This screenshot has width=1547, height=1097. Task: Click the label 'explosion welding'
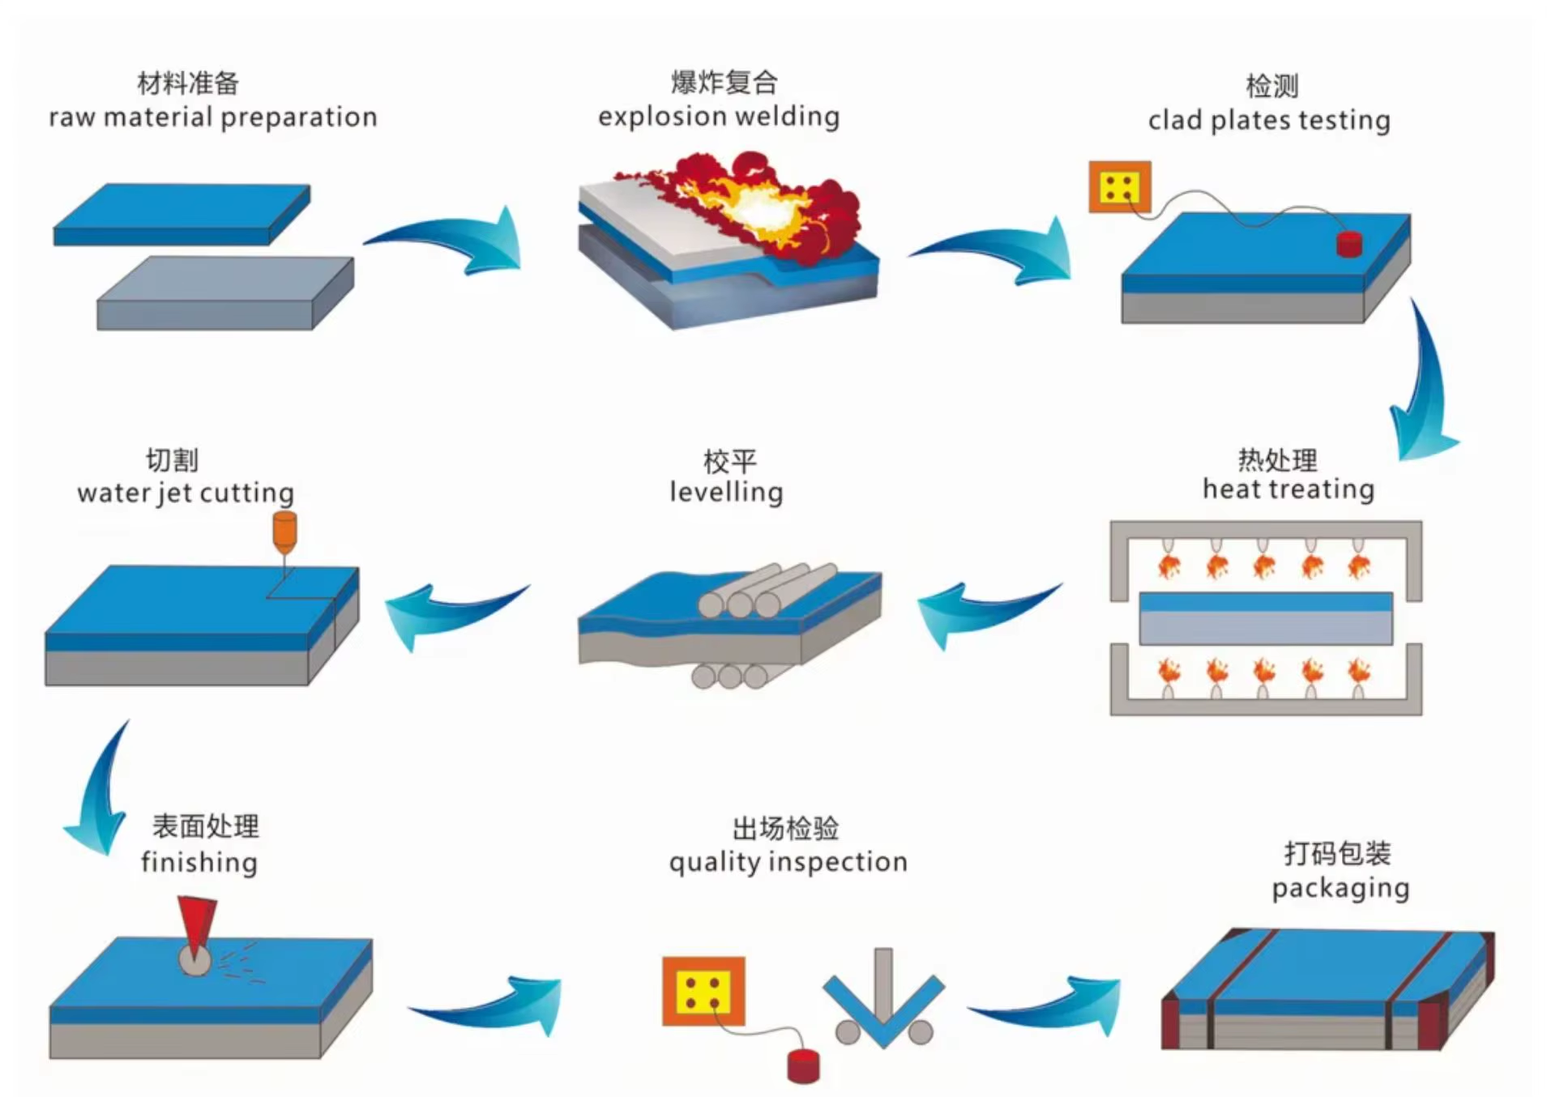point(718,117)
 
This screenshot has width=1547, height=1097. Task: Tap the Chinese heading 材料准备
point(188,83)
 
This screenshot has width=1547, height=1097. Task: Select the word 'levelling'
point(726,492)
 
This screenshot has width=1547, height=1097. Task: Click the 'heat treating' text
point(1288,489)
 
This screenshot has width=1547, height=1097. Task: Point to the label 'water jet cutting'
point(186,493)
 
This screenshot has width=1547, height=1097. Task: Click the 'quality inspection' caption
point(788,861)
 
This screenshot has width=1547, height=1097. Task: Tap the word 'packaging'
point(1340,888)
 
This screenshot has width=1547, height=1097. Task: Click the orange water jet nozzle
point(284,531)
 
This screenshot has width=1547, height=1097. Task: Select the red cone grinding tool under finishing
point(197,924)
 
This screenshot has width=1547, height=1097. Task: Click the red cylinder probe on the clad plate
point(1348,244)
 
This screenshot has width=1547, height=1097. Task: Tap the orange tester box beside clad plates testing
point(1120,187)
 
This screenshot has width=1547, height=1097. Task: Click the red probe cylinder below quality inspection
point(803,1065)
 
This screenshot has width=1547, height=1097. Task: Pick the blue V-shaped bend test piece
point(883,1013)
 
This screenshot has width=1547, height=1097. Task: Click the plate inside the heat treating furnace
point(1265,618)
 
